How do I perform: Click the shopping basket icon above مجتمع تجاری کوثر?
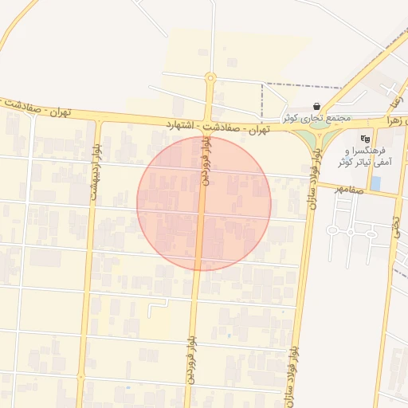(x=317, y=106)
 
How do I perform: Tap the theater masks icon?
(x=366, y=139)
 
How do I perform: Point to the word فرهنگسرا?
(x=367, y=151)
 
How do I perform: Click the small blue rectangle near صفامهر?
(x=375, y=184)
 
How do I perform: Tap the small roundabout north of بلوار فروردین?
(x=210, y=78)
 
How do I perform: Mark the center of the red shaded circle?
(x=204, y=203)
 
